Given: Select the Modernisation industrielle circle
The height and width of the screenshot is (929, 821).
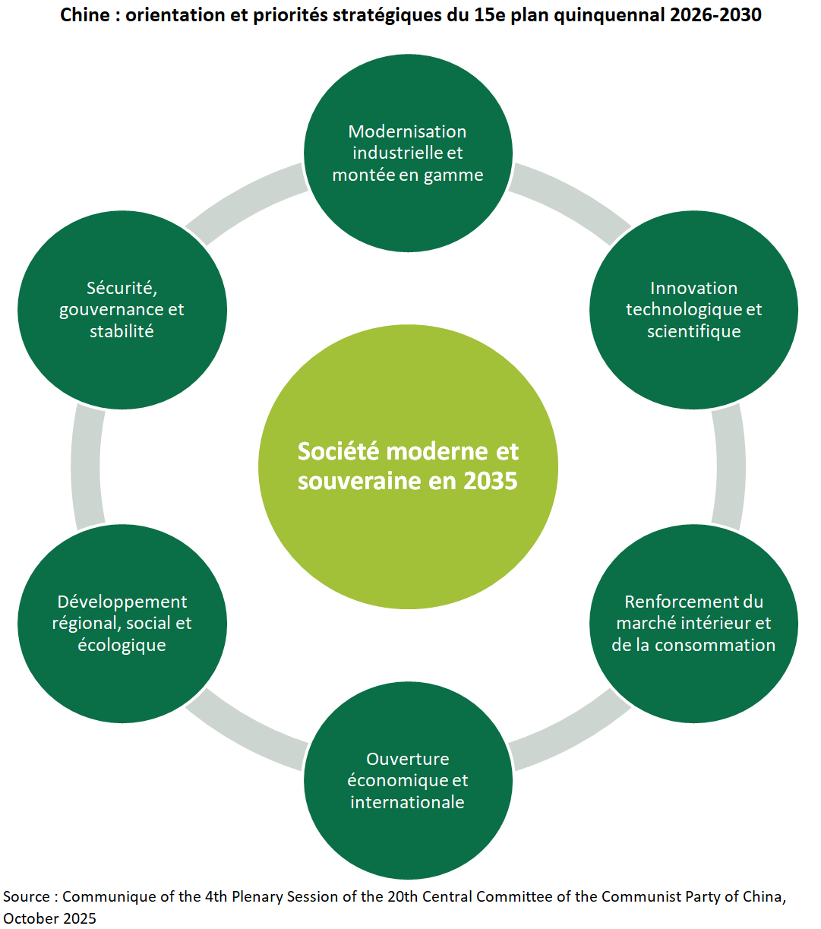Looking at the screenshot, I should (408, 153).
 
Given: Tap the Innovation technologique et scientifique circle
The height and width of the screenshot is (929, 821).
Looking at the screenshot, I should (693, 309).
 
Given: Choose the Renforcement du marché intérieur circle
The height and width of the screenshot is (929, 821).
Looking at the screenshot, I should (693, 623).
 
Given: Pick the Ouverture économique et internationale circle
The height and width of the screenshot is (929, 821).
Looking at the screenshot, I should (408, 780).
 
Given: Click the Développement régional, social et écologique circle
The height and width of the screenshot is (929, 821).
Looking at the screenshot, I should (122, 623).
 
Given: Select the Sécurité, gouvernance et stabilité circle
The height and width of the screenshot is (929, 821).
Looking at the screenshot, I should (122, 309).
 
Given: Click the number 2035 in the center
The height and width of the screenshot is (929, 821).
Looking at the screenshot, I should (490, 481).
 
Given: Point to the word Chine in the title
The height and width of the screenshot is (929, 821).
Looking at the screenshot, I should (84, 14).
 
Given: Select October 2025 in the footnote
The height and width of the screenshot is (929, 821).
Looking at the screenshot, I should (49, 918).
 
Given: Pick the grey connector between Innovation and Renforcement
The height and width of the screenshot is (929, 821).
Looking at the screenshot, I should (730, 466).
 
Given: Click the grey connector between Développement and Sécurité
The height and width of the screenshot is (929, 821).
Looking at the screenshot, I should (86, 466).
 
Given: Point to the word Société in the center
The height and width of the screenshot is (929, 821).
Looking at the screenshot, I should (338, 451).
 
